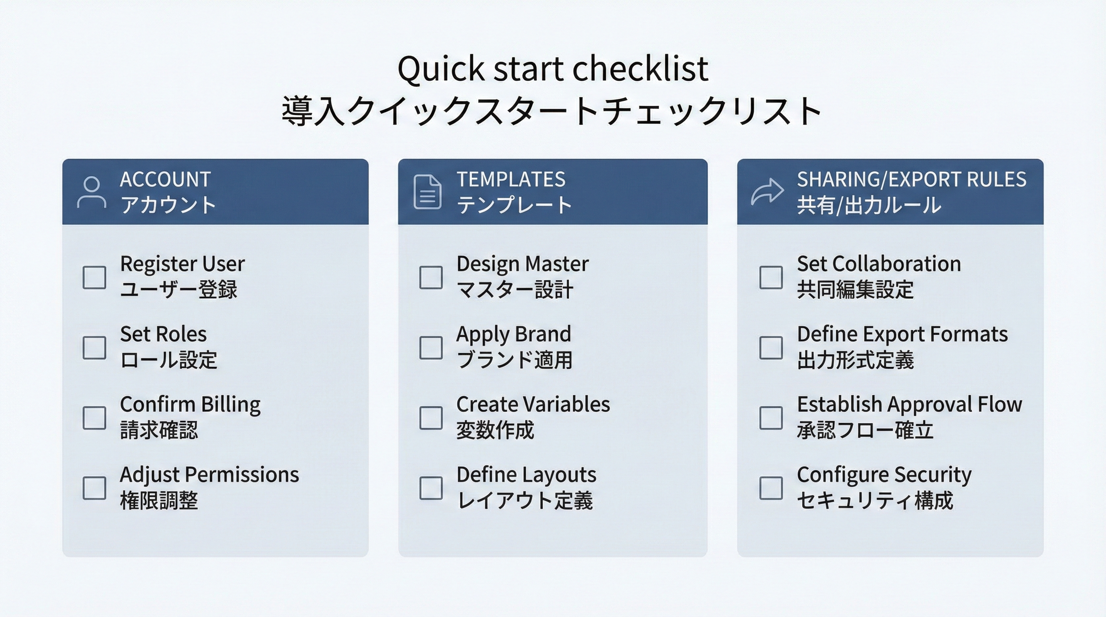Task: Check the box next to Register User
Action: point(94,277)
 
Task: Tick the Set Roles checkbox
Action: point(94,347)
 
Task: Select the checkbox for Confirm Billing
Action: point(94,418)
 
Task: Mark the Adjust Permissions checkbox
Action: point(94,488)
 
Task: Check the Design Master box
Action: point(431,277)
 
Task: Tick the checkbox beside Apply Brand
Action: point(431,347)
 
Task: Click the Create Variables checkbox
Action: point(431,418)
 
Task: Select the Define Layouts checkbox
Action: point(431,488)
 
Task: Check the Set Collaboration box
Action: point(771,277)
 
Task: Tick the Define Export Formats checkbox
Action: point(771,347)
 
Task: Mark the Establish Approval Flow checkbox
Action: point(771,418)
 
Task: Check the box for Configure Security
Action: point(771,488)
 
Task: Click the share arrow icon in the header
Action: point(767,191)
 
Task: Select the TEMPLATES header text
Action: point(511,179)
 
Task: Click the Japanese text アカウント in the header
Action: point(168,205)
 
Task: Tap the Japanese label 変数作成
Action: point(495,430)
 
